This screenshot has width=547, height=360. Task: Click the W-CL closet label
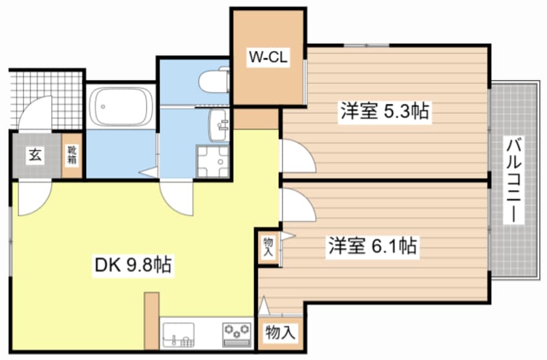click(268, 57)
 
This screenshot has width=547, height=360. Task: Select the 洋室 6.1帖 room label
click(372, 246)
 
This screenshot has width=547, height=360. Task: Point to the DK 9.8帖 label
click(133, 264)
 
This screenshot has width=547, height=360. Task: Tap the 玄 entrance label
click(35, 155)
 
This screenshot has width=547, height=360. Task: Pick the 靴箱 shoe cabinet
click(72, 155)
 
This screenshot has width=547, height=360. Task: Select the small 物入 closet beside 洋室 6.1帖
click(268, 246)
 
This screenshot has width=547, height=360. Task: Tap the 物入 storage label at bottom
click(281, 334)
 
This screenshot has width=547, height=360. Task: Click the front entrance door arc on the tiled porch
click(36, 113)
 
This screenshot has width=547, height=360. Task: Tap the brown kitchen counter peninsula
click(152, 320)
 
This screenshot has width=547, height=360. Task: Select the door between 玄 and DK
click(34, 197)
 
